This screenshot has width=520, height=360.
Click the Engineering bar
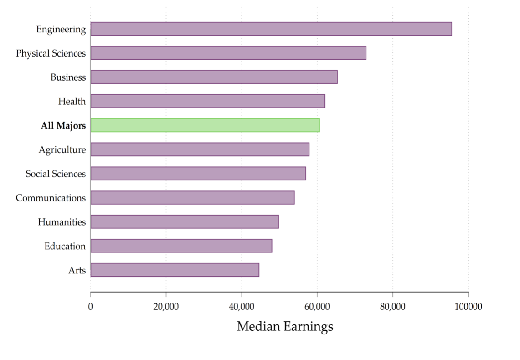click(271, 29)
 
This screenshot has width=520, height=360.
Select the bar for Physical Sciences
click(228, 53)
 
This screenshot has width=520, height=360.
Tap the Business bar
click(214, 77)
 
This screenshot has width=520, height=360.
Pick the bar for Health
click(207, 101)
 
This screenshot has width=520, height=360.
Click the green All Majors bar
click(205, 125)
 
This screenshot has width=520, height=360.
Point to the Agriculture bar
click(200, 149)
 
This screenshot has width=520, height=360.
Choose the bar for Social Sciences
click(198, 174)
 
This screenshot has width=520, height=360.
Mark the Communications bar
click(192, 198)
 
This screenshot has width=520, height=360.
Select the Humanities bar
click(185, 222)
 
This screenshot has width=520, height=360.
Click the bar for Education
click(181, 246)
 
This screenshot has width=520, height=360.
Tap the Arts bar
click(175, 270)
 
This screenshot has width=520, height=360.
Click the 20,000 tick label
click(166, 307)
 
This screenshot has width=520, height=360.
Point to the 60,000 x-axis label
click(317, 307)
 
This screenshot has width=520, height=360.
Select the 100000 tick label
click(468, 307)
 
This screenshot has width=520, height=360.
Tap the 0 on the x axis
click(90, 307)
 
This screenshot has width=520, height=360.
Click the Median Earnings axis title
click(285, 327)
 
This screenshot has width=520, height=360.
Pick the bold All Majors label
click(63, 126)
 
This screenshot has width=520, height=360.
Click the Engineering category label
click(61, 29)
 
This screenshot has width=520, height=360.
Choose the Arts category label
click(77, 270)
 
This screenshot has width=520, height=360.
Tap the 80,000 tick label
click(392, 307)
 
